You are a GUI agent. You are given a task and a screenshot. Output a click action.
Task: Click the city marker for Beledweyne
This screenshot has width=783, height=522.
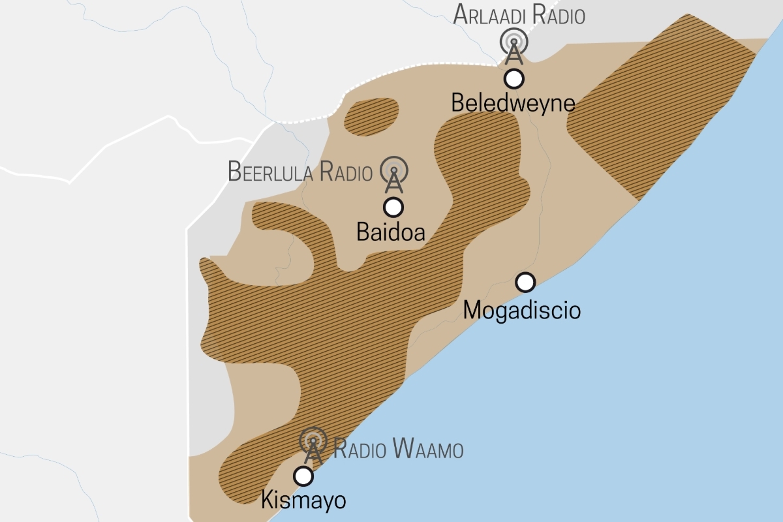[x=514, y=79]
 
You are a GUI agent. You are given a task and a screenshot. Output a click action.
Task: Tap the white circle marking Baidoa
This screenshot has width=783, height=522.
[x=393, y=207]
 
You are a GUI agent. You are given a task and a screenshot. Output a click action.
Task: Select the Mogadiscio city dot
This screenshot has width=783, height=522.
[x=525, y=282]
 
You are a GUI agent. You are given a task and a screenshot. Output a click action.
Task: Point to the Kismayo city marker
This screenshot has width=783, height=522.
[x=303, y=476]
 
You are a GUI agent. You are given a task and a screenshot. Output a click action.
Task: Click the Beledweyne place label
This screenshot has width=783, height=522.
[x=514, y=103]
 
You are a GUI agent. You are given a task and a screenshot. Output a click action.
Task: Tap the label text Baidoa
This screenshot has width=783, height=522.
[x=391, y=232]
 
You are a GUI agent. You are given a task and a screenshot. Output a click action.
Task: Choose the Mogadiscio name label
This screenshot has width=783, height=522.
[x=521, y=309]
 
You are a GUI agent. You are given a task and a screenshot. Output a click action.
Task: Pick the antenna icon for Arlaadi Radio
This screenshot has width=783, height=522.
[x=514, y=45]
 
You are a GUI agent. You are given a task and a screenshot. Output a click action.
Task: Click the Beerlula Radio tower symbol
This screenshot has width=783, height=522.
[x=394, y=174]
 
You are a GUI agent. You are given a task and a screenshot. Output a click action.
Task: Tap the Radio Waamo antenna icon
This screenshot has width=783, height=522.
[x=314, y=445]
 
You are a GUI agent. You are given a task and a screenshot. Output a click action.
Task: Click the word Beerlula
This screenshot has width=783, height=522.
[x=271, y=172]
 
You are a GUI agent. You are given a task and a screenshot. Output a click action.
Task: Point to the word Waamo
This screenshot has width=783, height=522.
[x=429, y=450]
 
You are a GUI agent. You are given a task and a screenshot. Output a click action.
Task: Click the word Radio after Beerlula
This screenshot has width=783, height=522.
[x=346, y=172]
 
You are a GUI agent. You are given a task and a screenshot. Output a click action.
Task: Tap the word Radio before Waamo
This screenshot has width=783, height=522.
[x=361, y=450]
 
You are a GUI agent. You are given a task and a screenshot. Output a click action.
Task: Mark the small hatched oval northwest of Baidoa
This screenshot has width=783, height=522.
[x=371, y=117]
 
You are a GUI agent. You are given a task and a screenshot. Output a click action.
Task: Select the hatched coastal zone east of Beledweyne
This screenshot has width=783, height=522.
[x=659, y=111]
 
